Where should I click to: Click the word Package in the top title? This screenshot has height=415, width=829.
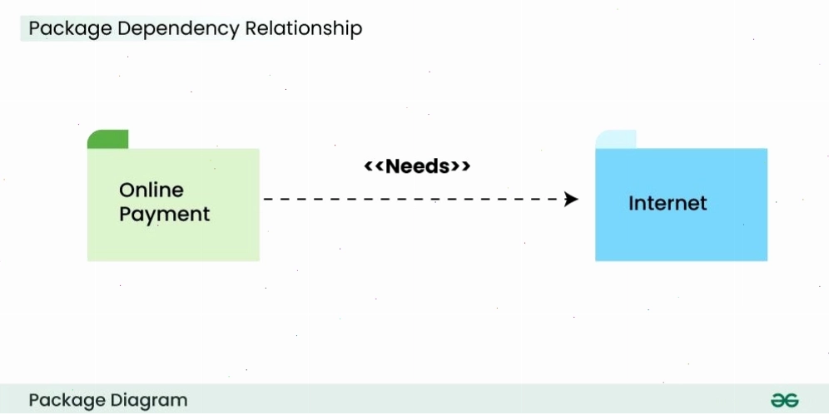pos(70,28)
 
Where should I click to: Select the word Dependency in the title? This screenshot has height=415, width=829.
pos(179,28)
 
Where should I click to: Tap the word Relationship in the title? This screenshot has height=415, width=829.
pos(304,27)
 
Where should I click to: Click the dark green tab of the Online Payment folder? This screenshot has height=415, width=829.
pos(108,139)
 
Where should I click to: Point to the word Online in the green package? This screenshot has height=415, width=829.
pos(151,190)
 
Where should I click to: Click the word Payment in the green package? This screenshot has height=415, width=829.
pos(165,215)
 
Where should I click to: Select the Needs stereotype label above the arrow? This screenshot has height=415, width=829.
pos(417,166)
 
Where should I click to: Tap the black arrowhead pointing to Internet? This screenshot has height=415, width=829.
pos(571,199)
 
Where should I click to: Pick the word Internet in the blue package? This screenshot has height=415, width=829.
pos(668,203)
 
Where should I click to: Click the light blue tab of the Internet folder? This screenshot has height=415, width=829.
pos(616,139)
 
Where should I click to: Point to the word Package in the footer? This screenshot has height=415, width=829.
pos(67,401)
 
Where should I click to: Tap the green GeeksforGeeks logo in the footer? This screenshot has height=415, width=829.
pos(785,401)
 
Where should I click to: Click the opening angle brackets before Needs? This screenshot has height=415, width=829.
pos(375,166)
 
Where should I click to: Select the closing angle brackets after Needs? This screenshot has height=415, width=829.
pos(460,166)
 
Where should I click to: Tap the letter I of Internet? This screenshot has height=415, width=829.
pos(631,203)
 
